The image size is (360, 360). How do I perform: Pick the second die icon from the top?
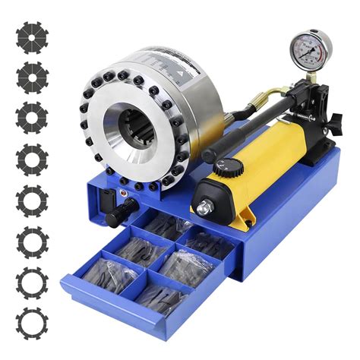click(33, 77)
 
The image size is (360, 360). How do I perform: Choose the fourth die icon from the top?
click(33, 159)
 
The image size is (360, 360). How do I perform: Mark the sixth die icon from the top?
click(33, 242)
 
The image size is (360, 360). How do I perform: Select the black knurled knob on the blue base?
click(115, 218)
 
